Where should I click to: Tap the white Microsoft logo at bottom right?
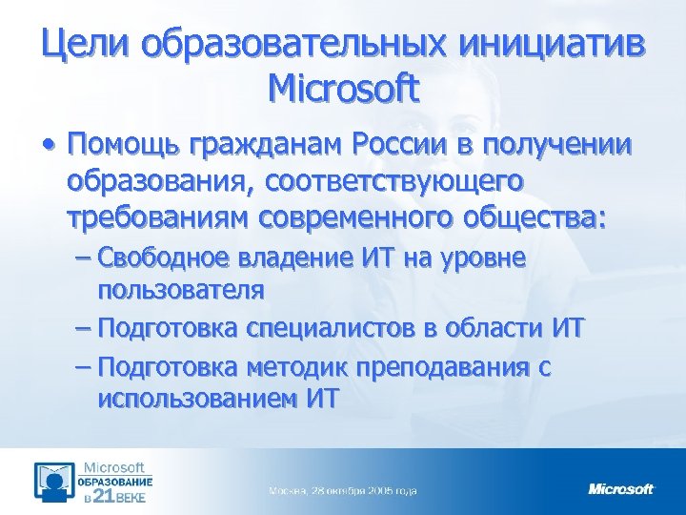[x=621, y=489]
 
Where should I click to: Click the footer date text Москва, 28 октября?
[x=342, y=490]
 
